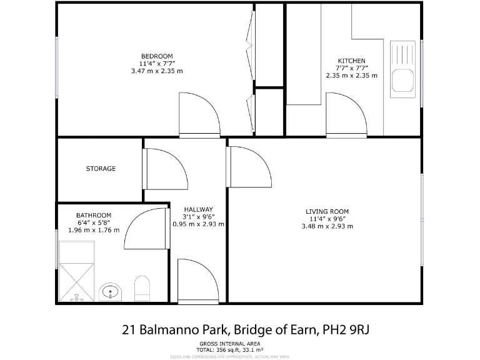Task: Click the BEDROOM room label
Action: (156, 56)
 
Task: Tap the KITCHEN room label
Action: (351, 61)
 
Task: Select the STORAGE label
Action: (101, 169)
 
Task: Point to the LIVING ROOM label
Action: (327, 211)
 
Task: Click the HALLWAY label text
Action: (198, 209)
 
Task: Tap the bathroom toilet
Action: (143, 288)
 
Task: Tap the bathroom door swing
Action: (147, 228)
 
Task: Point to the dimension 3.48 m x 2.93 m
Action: (327, 226)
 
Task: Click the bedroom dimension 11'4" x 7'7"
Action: (156, 64)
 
